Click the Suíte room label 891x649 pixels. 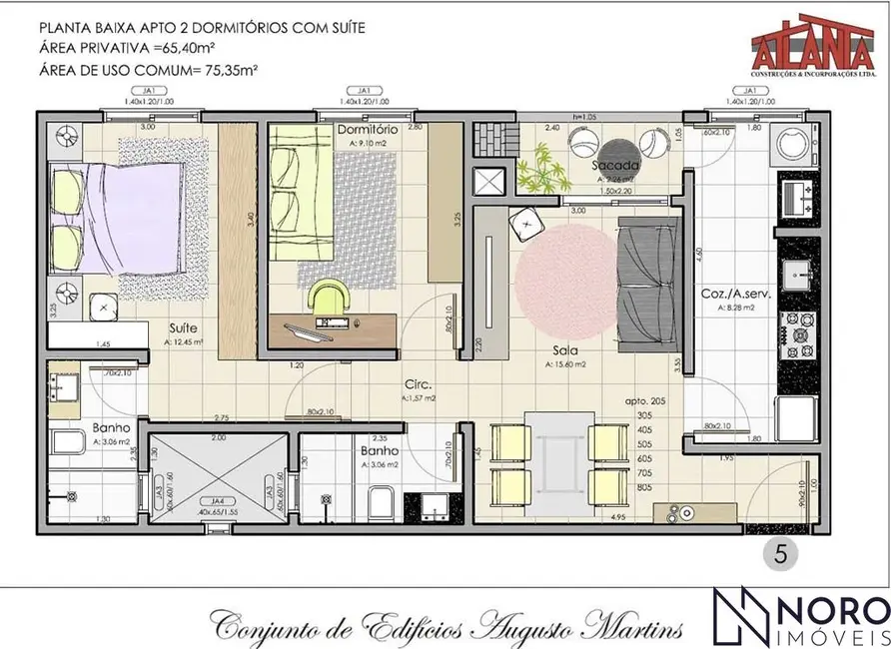(182, 326)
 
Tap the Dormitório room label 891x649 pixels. (369, 130)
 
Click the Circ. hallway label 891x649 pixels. (418, 383)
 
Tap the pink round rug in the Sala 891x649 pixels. (566, 282)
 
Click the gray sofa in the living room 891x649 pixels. (648, 285)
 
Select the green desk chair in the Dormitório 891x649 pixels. (331, 297)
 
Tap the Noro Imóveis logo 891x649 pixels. (799, 617)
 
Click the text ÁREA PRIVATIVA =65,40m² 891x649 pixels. (136, 48)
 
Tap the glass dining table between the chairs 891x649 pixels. (554, 454)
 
